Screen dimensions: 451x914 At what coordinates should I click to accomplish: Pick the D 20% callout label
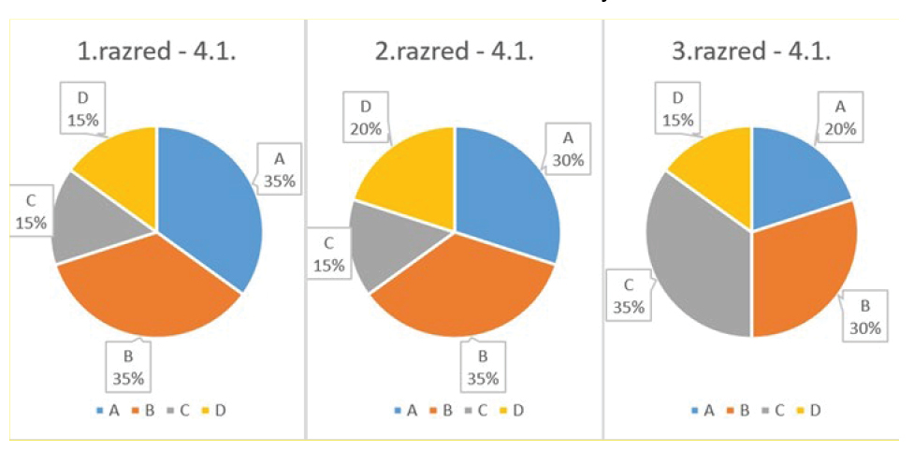point(366,118)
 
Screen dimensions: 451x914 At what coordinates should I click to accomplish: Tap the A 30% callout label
point(568,149)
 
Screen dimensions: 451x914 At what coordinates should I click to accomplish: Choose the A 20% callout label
point(840,118)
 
